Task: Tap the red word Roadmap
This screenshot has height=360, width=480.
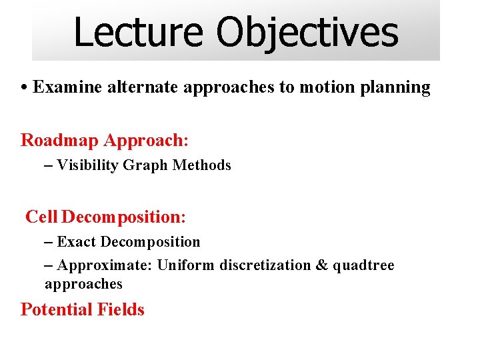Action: coord(60,141)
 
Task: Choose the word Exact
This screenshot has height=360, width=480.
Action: coord(77,242)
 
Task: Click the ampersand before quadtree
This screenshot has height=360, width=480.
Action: coord(321,265)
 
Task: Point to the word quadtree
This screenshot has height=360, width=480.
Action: coord(363,266)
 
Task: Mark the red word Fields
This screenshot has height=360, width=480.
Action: coord(121,309)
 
